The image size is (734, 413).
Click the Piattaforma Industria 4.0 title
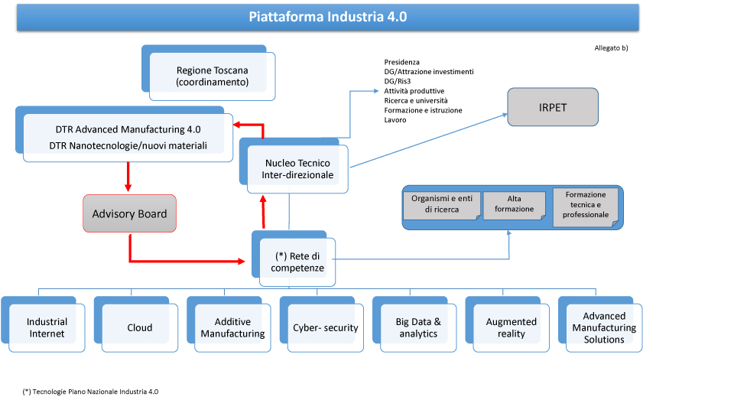[x=328, y=17]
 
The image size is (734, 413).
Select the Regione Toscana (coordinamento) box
[x=208, y=73]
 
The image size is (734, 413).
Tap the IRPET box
[x=553, y=107]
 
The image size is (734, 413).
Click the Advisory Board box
[x=130, y=213]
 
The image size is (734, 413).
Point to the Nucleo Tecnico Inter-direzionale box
[x=294, y=165]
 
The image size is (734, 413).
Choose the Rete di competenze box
[x=294, y=259]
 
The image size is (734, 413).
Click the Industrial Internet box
[x=43, y=324]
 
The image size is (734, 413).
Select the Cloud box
[x=136, y=324]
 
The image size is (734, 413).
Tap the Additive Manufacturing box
[x=229, y=324]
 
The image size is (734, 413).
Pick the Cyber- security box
[x=322, y=324]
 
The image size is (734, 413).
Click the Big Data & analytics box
[x=414, y=324]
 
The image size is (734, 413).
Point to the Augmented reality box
[x=508, y=324]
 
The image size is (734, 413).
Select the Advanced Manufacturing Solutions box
[x=600, y=324]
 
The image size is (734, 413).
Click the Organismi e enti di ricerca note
[x=442, y=205]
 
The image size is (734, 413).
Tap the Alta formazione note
[x=515, y=205]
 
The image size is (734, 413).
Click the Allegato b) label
[x=612, y=47]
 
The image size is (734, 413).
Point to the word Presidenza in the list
[x=401, y=62]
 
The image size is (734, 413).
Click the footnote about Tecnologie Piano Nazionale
[x=90, y=392]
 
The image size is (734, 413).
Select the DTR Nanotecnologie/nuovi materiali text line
[x=128, y=145]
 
